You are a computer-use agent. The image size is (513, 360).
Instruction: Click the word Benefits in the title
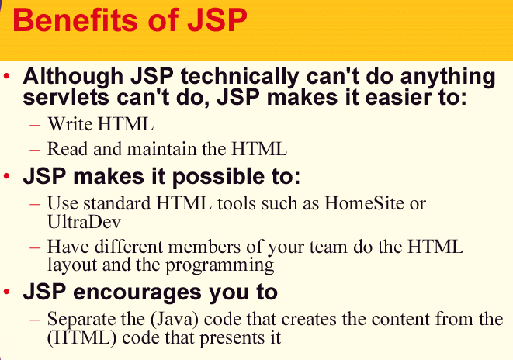pyautogui.click(x=76, y=19)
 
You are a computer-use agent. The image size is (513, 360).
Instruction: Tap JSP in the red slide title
pyautogui.click(x=217, y=19)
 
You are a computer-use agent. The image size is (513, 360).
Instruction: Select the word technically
pyautogui.click(x=240, y=77)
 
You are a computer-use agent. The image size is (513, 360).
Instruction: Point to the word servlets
pyautogui.click(x=66, y=97)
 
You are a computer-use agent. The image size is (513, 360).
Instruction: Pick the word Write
pyautogui.click(x=70, y=124)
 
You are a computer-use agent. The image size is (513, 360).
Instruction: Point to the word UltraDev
pyautogui.click(x=84, y=221)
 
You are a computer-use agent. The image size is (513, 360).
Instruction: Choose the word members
pyautogui.click(x=204, y=247)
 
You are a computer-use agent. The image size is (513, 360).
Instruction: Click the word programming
pyautogui.click(x=220, y=265)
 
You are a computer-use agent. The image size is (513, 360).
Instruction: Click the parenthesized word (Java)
pyautogui.click(x=175, y=319)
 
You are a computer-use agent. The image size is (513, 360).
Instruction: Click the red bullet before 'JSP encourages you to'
pyautogui.click(x=6, y=291)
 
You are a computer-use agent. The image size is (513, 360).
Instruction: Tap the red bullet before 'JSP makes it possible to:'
pyautogui.click(x=6, y=176)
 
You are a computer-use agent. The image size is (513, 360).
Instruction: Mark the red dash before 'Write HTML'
pyautogui.click(x=35, y=125)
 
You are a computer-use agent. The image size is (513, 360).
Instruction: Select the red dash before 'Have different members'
pyautogui.click(x=35, y=247)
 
